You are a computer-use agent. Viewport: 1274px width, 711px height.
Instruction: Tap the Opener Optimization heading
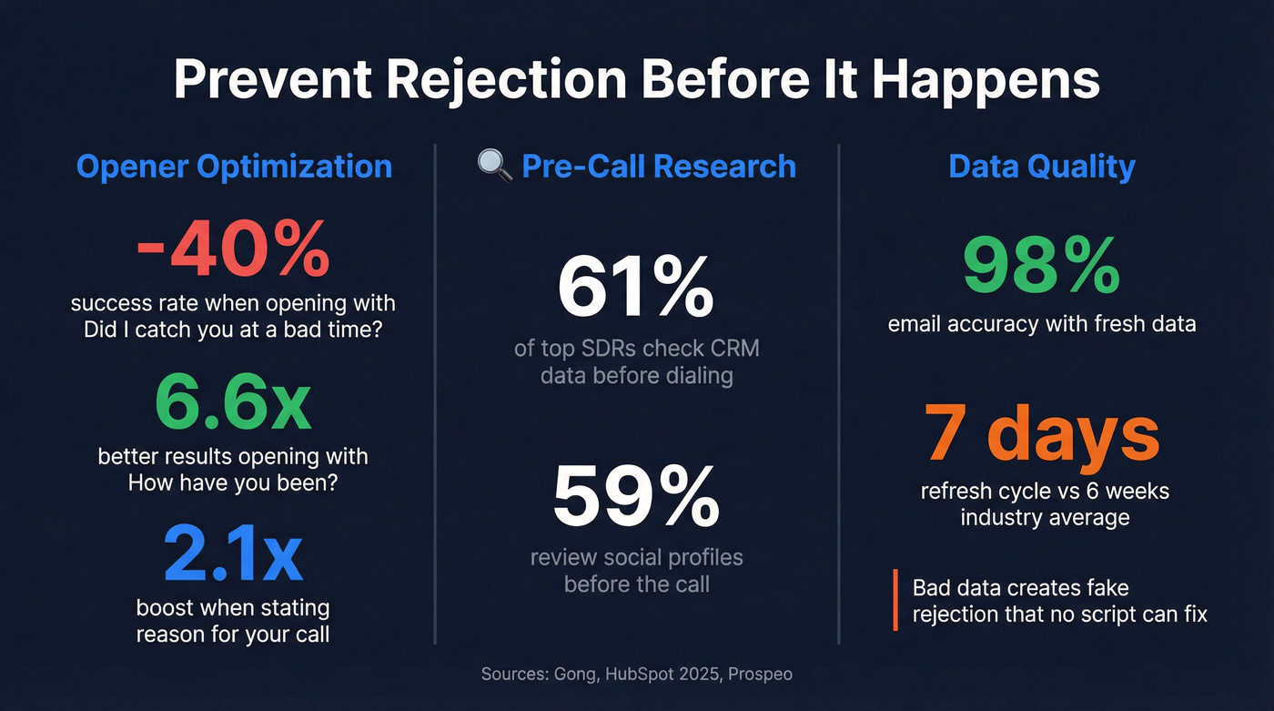tap(234, 167)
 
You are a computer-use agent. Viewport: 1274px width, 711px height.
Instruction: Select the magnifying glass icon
tap(494, 166)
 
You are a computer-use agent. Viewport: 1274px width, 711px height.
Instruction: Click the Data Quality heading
tap(1042, 167)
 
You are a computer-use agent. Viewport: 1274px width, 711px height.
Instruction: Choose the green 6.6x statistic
tap(233, 403)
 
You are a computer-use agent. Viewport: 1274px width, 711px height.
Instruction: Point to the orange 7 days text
tap(1042, 435)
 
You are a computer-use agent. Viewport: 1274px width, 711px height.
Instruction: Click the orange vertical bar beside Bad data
tap(895, 600)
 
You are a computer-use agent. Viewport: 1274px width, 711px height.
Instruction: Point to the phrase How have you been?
tap(233, 482)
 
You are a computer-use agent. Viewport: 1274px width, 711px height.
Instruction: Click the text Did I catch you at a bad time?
tap(233, 330)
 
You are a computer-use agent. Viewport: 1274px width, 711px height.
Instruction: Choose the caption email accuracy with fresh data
tap(1042, 323)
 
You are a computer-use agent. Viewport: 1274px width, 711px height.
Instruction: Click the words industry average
tap(1045, 517)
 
